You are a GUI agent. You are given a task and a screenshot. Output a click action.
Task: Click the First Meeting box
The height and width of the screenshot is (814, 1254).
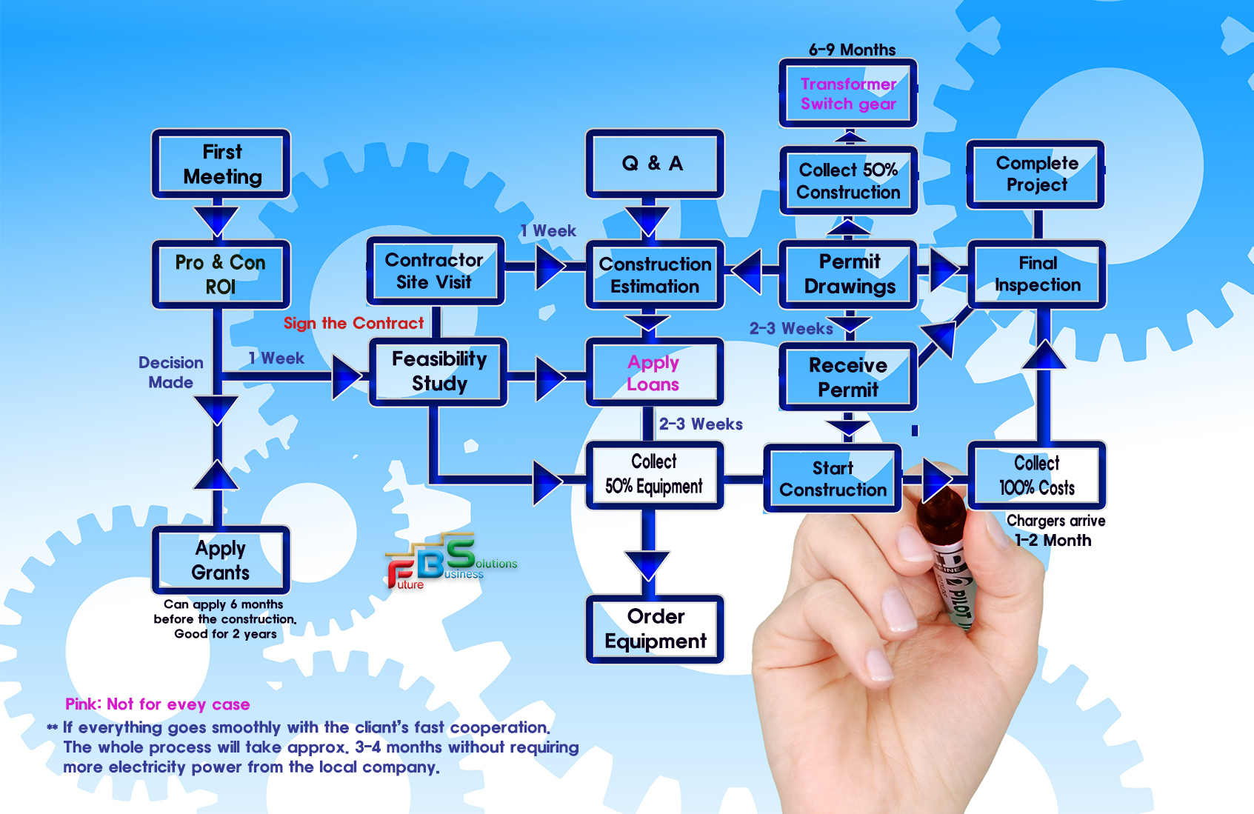(x=221, y=164)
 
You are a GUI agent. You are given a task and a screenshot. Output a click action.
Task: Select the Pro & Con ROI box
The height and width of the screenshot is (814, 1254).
(x=221, y=274)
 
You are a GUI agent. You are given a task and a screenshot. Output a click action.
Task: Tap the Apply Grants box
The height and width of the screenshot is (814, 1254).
(x=221, y=560)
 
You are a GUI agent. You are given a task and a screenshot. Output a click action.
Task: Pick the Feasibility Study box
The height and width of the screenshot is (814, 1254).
(x=438, y=371)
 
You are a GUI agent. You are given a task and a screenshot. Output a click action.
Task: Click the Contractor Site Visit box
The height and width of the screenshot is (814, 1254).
(x=435, y=271)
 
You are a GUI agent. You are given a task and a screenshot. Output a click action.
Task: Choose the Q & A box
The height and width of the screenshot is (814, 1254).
(x=654, y=164)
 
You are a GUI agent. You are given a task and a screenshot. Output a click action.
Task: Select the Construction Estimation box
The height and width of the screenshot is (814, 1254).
(x=655, y=275)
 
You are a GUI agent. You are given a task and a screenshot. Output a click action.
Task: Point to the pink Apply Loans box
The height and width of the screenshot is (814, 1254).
(x=654, y=373)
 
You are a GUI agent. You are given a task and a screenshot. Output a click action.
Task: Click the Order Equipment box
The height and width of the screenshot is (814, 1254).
(x=655, y=629)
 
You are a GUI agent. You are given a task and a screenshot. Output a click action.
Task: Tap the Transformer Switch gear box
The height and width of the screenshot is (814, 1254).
(x=848, y=94)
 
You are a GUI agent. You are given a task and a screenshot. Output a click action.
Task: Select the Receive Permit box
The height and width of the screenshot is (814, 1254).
(x=848, y=377)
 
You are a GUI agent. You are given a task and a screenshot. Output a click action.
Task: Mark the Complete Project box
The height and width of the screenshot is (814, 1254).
(x=1036, y=174)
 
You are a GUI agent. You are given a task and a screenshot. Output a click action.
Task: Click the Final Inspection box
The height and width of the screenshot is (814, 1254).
(x=1037, y=274)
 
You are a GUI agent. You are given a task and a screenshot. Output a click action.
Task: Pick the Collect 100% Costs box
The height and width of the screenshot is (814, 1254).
(x=1037, y=476)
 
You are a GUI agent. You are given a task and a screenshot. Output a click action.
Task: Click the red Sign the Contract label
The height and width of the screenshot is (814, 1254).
(x=353, y=324)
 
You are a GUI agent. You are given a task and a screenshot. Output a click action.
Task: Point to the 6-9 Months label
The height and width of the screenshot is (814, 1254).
(x=852, y=50)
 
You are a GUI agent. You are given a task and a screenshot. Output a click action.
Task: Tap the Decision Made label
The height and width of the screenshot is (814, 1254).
(x=170, y=373)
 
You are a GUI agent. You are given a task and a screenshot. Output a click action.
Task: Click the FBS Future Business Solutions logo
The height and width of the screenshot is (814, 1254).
(x=449, y=562)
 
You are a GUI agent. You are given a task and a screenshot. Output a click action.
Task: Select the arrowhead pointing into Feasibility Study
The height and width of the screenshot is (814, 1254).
(x=346, y=376)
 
